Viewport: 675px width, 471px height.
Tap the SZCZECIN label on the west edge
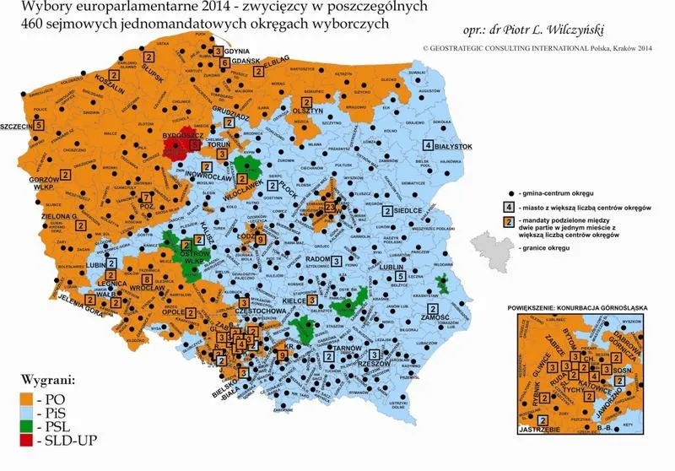point(18,127)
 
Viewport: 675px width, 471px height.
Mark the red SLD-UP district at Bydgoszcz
point(177,149)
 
